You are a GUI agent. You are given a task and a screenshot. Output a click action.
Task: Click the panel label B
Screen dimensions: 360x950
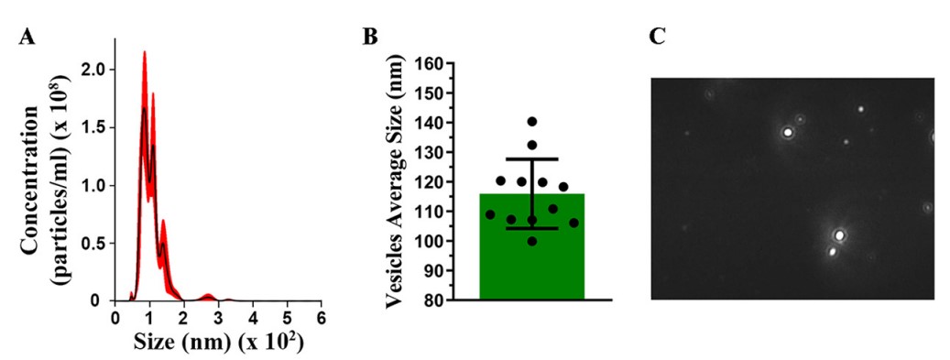point(369,38)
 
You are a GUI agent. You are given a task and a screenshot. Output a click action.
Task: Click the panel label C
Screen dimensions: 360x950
point(657,38)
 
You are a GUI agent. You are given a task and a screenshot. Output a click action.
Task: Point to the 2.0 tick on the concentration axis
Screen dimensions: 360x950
point(96,70)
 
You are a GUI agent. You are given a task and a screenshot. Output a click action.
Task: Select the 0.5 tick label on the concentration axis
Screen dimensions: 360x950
point(96,243)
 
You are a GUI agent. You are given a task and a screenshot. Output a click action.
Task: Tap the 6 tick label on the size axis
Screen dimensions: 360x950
point(322,317)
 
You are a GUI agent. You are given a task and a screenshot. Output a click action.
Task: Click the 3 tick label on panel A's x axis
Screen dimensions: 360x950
point(218,317)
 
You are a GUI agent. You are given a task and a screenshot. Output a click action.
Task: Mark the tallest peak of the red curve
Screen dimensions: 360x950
point(145,53)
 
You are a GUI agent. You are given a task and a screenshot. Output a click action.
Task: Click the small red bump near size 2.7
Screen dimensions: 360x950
point(208,295)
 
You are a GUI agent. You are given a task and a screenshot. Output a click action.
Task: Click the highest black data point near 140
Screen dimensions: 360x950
point(531,122)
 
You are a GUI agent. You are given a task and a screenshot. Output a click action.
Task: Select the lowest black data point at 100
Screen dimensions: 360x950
point(531,241)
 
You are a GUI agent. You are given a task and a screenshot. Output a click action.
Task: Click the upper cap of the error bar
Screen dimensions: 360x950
point(531,159)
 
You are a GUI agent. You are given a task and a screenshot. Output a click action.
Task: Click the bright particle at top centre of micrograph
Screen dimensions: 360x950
point(787,132)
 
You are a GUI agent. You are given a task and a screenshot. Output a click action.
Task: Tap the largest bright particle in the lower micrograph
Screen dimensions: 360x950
point(839,235)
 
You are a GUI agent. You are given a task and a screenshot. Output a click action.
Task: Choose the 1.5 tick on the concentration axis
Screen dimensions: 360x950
point(96,127)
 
